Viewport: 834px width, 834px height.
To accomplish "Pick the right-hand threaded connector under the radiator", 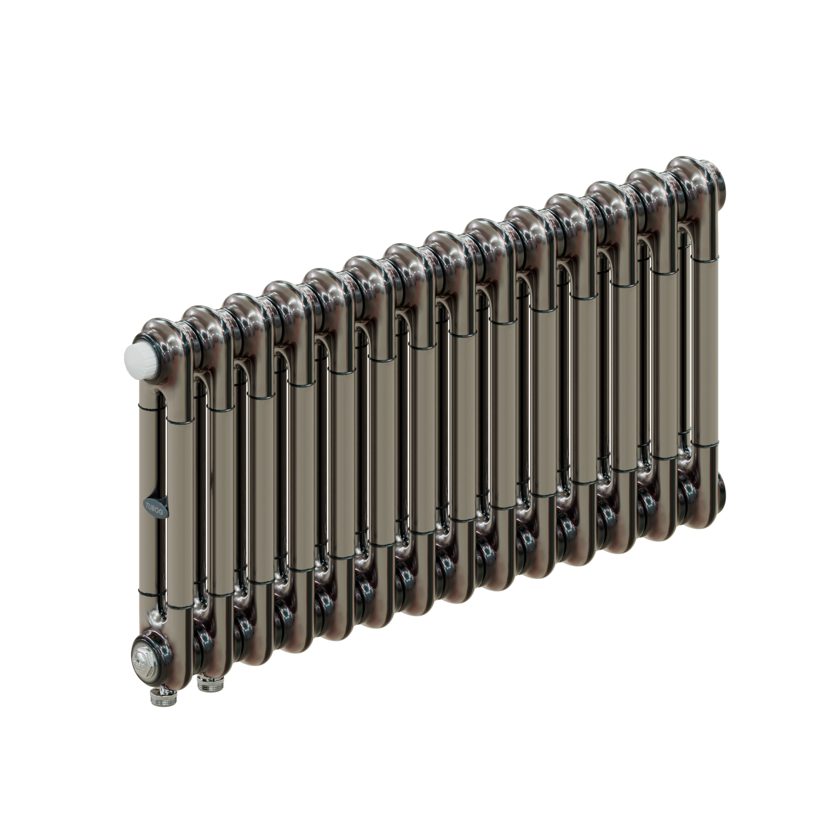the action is (x=205, y=683).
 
